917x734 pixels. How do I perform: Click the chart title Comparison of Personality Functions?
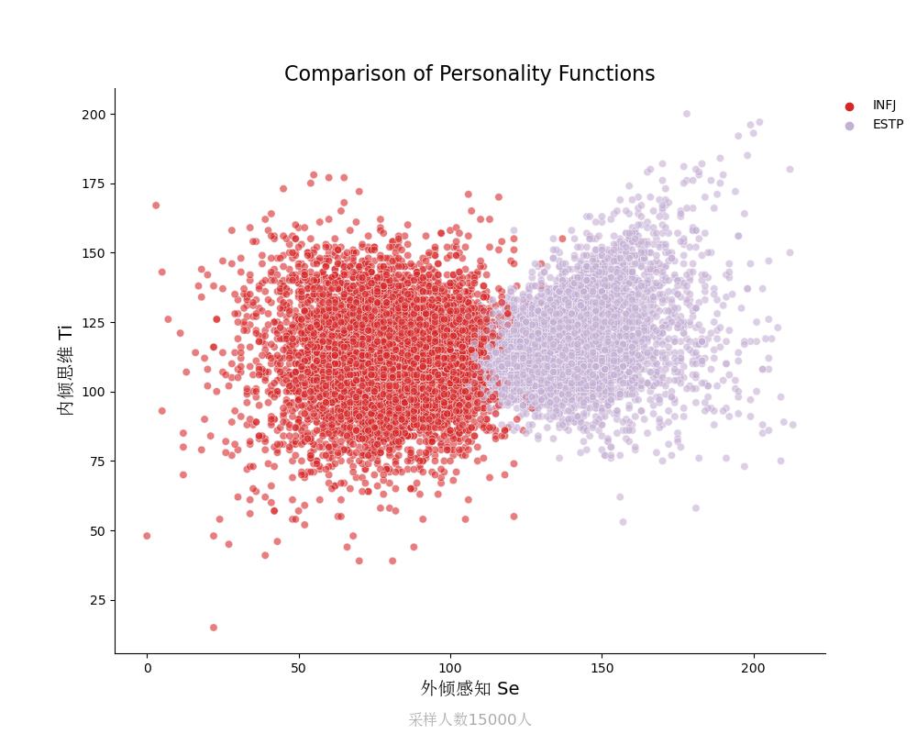(x=469, y=74)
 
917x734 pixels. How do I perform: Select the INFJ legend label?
(x=884, y=106)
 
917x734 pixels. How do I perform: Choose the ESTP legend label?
(x=888, y=125)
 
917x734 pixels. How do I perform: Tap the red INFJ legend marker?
(x=849, y=106)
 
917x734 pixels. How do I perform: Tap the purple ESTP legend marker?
(x=849, y=126)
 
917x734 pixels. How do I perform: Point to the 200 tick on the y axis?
(x=94, y=115)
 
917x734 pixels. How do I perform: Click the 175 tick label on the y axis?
(x=94, y=183)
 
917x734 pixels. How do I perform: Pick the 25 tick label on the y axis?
(x=97, y=600)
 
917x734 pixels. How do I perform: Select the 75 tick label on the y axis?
(x=97, y=462)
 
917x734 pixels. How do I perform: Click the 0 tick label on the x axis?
(x=147, y=669)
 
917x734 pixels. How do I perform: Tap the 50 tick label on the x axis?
(x=298, y=669)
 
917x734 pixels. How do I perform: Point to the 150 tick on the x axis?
(x=602, y=669)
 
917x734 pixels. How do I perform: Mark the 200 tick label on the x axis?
(x=753, y=669)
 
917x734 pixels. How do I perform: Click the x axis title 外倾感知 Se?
(x=470, y=689)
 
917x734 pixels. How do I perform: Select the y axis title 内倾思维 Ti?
(x=66, y=370)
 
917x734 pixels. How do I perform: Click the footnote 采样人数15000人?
(x=470, y=720)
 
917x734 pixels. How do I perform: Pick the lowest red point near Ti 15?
(x=214, y=628)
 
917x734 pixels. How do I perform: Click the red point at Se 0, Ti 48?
(x=147, y=536)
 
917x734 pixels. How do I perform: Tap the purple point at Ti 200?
(x=686, y=115)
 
